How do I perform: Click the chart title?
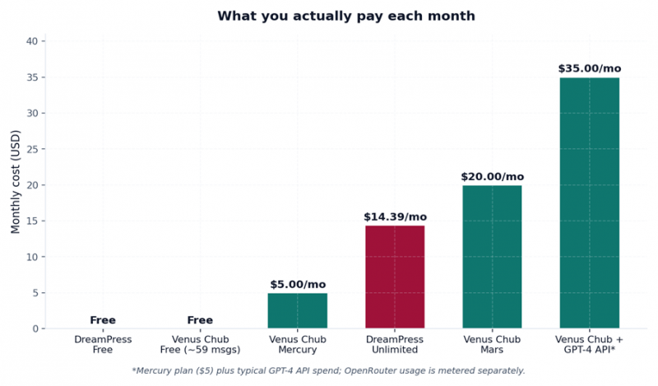point(346,16)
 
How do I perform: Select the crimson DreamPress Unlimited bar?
point(395,277)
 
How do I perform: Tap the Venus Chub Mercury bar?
point(297,310)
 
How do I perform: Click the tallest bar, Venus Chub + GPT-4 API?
point(589,202)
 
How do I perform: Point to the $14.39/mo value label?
point(395,217)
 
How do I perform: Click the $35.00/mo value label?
point(589,69)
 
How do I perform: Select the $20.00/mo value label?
point(492,177)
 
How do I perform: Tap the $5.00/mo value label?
point(297,285)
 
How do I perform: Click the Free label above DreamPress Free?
point(103,320)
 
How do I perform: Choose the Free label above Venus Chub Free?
point(200,320)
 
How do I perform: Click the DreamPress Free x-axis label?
point(103,345)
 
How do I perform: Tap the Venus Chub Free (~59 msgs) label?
point(200,345)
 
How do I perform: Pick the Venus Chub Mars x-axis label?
point(492,345)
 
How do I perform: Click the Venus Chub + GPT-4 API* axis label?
point(589,345)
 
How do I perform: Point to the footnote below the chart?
point(328,370)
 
